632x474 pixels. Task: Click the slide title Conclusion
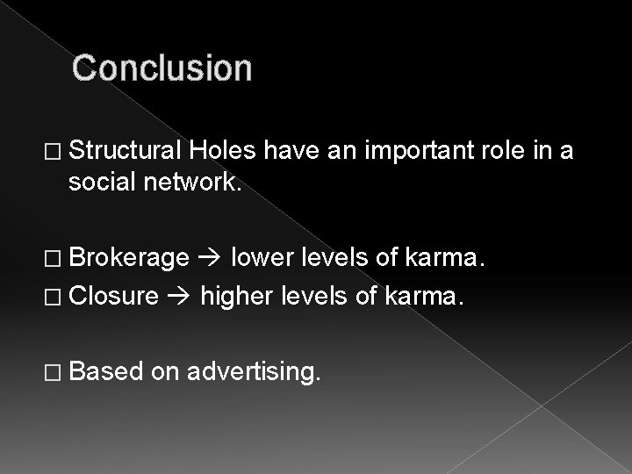point(162,68)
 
